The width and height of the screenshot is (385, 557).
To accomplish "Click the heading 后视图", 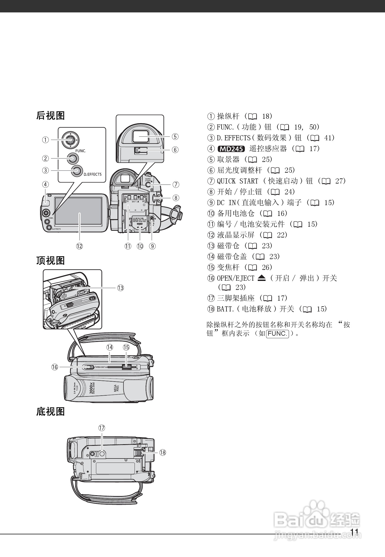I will pos(50,116).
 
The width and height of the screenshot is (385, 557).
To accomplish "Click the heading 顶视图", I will pos(50,260).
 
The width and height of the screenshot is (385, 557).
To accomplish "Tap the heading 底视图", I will pos(50,412).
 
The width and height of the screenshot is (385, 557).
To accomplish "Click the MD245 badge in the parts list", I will pos(231,149).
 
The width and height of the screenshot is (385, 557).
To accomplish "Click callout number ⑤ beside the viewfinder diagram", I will pos(175,137).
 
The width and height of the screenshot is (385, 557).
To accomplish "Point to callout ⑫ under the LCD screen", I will pos(79,246).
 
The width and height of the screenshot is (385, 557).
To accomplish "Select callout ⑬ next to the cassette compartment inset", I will pos(120,288).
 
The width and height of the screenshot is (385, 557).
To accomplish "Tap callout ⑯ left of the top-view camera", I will pos(55,367).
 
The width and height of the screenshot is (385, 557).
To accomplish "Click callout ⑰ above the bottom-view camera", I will pos(101,428).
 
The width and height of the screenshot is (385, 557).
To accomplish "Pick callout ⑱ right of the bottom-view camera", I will pos(162,452).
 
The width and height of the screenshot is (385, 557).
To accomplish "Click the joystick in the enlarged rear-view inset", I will pos(70,140).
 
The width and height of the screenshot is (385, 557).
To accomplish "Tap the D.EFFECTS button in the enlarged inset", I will pos(77,171).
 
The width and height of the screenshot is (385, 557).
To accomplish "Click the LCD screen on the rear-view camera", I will pos(78,211).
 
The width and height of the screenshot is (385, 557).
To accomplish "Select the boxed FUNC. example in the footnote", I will pos(277,334).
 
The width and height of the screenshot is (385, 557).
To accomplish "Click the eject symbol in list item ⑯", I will pos(262,278).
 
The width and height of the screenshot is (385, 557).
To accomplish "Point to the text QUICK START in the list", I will pos(237,181).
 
